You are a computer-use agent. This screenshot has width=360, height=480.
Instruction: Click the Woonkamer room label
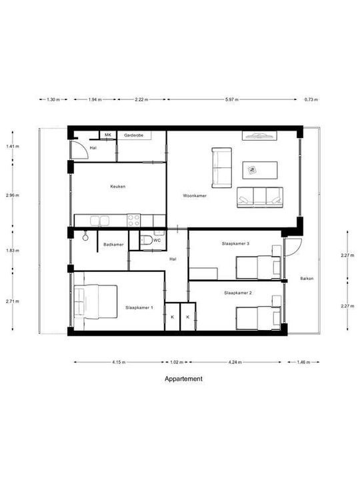pos(194,196)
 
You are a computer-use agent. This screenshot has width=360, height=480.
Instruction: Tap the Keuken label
pos(118,187)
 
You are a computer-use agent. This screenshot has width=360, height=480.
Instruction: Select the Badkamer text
pos(113,245)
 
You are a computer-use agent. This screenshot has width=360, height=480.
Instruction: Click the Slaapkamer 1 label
pos(139,308)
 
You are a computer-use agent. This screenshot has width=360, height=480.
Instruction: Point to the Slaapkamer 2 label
pos(237,293)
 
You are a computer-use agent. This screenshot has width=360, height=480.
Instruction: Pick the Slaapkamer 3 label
pos(235,244)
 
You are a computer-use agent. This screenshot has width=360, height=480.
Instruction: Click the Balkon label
pos(307,279)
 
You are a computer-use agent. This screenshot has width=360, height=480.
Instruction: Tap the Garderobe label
pos(134,135)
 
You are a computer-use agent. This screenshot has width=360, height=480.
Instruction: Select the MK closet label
pos(107,135)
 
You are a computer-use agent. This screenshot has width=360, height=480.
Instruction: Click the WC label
pos(157,241)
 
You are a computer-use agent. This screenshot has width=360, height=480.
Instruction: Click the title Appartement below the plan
pos(183,379)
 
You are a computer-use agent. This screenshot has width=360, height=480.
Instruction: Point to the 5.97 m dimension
pos(231,99)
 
